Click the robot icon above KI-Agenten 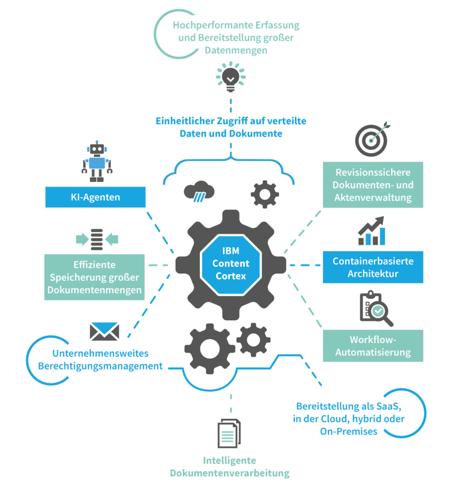click(97, 162)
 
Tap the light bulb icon click(231, 77)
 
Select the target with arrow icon click(372, 139)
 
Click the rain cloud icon click(199, 191)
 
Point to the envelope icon click(104, 331)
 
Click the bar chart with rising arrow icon click(371, 231)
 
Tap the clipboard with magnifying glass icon click(376, 308)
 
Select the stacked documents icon click(229, 433)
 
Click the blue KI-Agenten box click(95, 197)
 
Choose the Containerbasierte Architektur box click(373, 267)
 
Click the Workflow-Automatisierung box click(373, 346)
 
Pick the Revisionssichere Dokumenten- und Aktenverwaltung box click(373, 184)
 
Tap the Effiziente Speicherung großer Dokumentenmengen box click(95, 277)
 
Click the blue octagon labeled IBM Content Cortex click(231, 264)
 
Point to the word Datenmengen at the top click(236, 50)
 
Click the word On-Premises click(348, 431)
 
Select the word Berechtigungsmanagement click(100, 366)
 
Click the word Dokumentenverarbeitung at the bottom click(229, 473)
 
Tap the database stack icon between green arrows click(97, 239)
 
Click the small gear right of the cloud click(265, 194)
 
